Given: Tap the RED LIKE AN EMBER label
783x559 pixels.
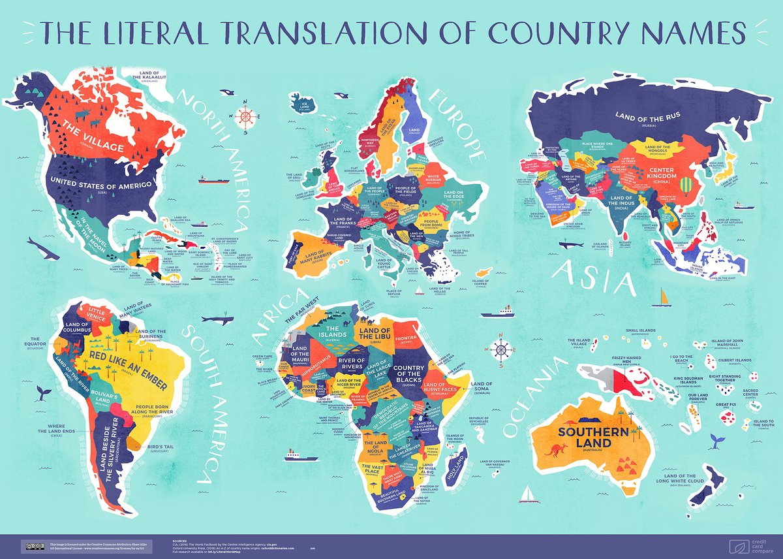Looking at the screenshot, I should (x=126, y=364).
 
